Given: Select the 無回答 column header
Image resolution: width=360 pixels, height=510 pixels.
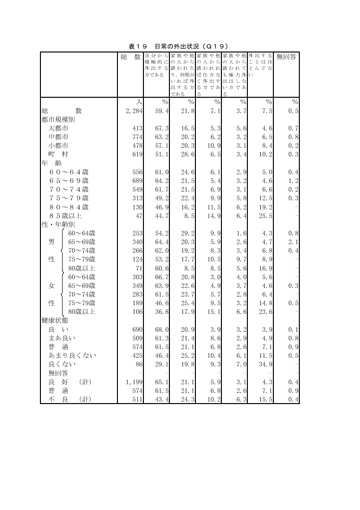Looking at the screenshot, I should tap(286, 57).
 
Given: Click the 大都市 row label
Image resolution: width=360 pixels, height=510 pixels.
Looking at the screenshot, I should tap(58, 129).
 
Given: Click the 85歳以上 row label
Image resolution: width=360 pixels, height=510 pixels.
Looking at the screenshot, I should tap(65, 216).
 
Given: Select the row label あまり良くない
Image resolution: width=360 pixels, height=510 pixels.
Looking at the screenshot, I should tap(72, 355).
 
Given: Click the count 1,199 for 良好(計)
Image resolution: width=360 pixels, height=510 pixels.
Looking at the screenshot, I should tap(134, 382).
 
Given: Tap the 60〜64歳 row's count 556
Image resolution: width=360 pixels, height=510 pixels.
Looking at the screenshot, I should tap(137, 172).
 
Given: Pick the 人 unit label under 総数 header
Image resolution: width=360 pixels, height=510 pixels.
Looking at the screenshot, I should tap(139, 102).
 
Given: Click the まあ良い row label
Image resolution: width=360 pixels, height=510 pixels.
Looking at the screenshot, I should tap(62, 338).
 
